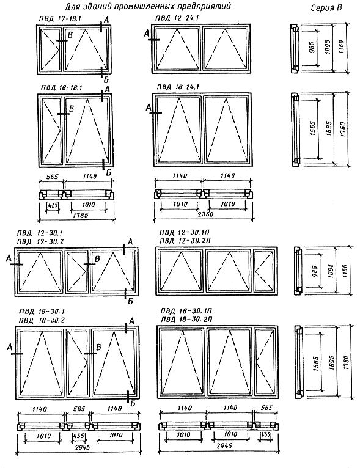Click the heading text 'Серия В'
tap(326, 8)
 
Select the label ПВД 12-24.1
tap(177, 18)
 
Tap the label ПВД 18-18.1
tap(62, 87)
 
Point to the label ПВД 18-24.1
tap(178, 87)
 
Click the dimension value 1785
tap(81, 215)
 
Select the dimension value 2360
tap(206, 214)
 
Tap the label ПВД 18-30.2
tap(41, 320)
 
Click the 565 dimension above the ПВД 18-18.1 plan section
tap(52, 177)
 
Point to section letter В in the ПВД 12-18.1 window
tap(70, 35)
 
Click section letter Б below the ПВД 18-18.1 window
tap(108, 172)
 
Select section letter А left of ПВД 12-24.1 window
tap(146, 34)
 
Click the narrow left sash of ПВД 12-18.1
tap(51, 49)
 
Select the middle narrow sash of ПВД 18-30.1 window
tap(77, 363)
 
